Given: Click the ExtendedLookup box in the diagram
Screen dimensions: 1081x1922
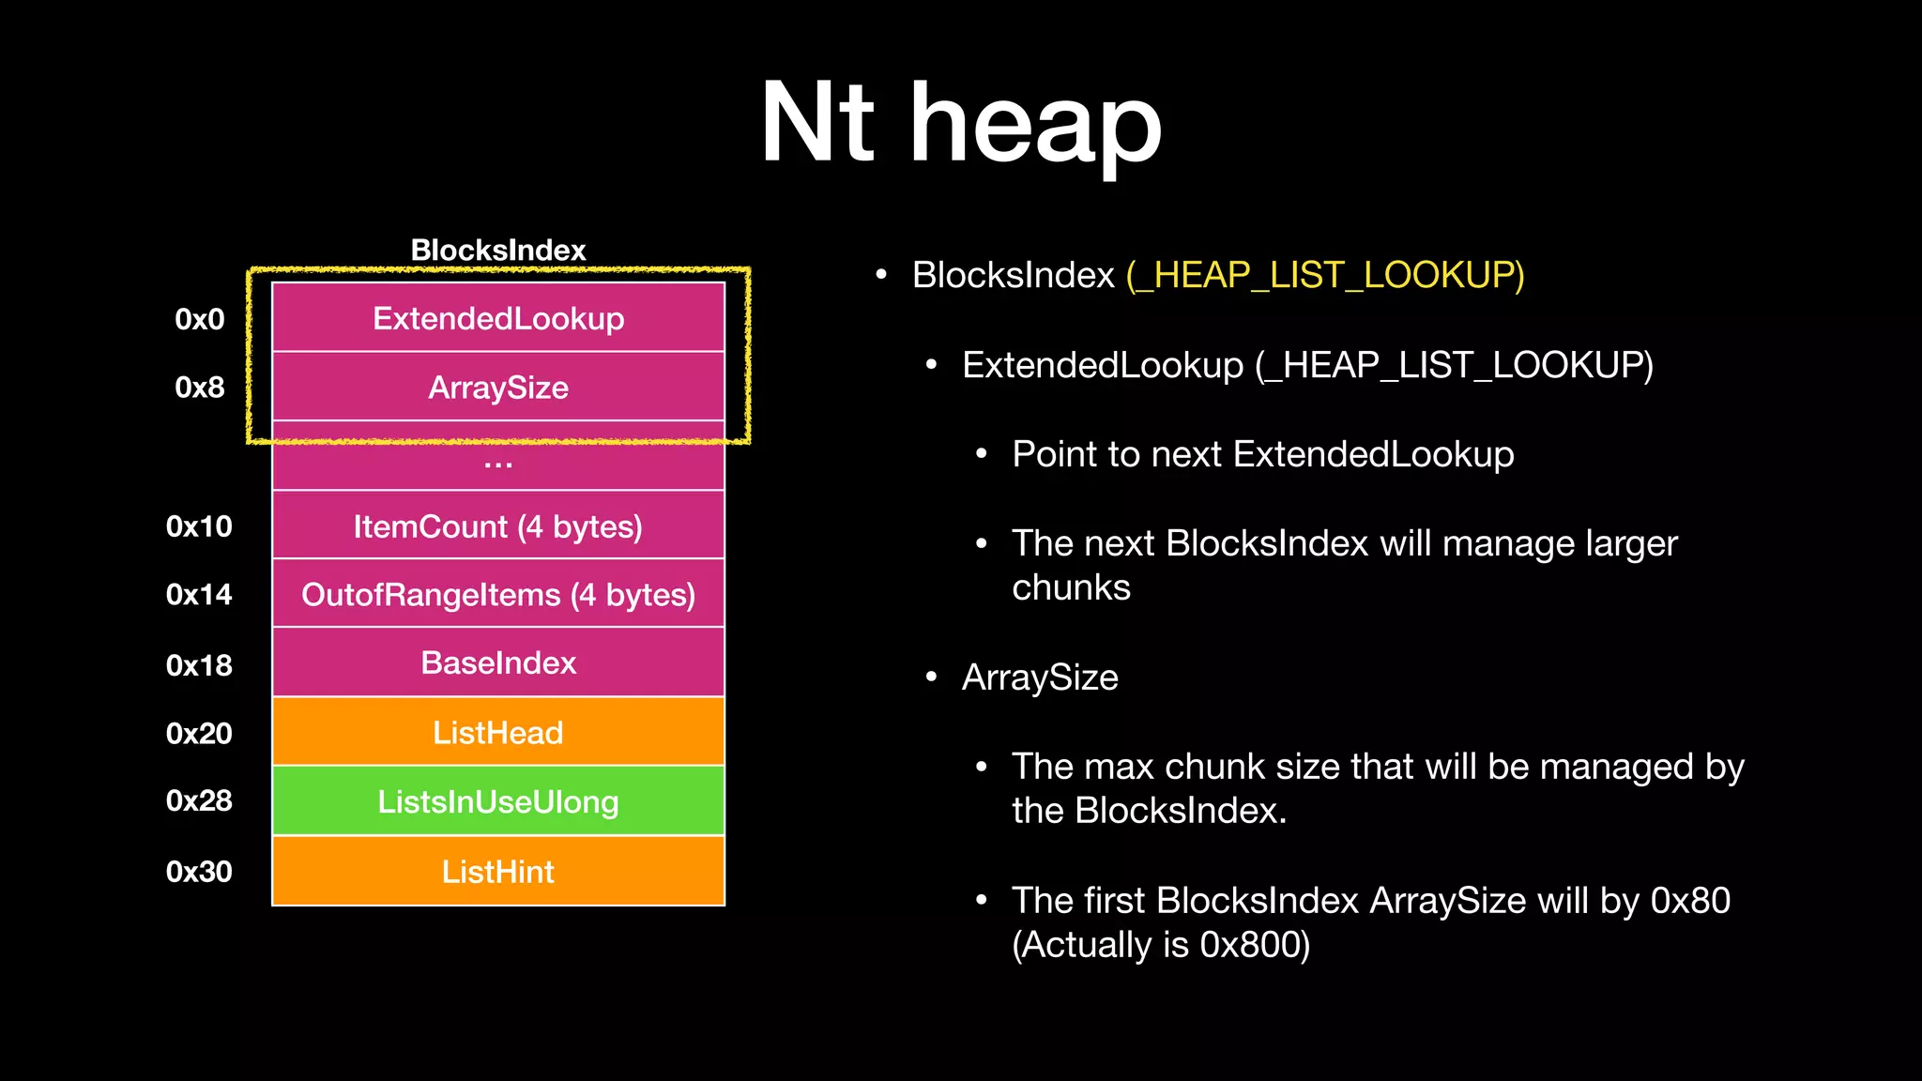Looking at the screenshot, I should click(498, 318).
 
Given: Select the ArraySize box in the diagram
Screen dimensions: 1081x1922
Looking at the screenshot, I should click(498, 387).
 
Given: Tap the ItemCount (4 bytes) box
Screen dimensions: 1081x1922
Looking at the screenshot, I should click(498, 526).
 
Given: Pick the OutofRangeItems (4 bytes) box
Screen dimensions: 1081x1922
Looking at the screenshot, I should click(498, 594).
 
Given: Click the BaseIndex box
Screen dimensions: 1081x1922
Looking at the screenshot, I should click(498, 662).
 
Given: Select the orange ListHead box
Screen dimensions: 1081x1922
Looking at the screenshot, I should click(498, 732).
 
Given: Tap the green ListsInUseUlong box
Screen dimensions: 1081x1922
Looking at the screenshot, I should click(498, 801).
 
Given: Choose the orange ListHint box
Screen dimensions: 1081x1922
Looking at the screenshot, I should click(498, 871).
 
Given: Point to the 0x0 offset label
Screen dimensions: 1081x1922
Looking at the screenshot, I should click(200, 319).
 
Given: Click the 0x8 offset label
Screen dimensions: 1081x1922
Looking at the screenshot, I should click(200, 387).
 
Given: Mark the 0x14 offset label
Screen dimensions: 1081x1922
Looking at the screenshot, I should click(199, 594).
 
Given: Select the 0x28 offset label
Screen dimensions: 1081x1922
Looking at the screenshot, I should click(199, 800).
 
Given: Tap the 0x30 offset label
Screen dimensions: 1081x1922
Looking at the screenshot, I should click(199, 871).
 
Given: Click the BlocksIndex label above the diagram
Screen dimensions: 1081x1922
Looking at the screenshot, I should click(498, 250).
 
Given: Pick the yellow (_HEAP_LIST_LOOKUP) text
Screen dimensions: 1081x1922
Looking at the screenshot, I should click(1325, 275).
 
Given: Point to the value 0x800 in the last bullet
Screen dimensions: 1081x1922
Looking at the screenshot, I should click(1248, 944).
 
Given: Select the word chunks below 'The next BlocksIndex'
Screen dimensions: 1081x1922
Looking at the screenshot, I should click(1071, 587).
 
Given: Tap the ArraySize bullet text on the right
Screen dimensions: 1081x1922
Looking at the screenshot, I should click(1040, 678).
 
